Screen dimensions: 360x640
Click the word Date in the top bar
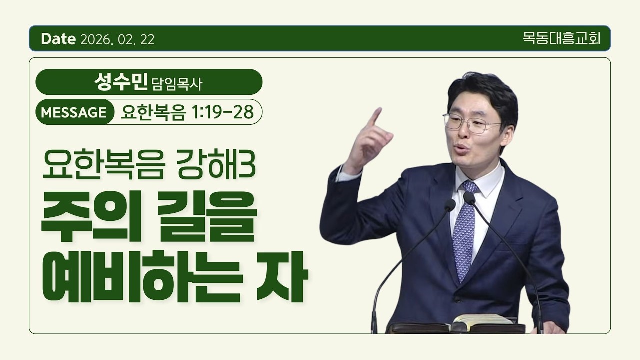pyautogui.click(x=59, y=39)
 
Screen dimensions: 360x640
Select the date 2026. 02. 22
pyautogui.click(x=117, y=40)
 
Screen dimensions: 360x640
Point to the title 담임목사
pyautogui.click(x=177, y=83)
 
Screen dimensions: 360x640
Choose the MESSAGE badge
pyautogui.click(x=74, y=113)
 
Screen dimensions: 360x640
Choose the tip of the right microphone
pyautogui.click(x=469, y=197)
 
